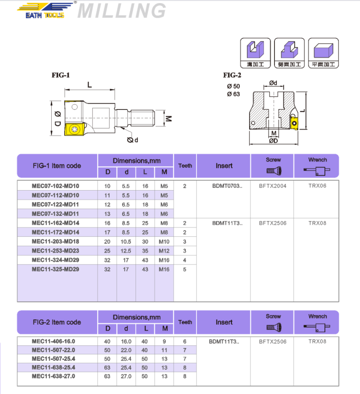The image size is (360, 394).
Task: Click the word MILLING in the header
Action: [122, 11]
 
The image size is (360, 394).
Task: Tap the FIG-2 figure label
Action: [232, 75]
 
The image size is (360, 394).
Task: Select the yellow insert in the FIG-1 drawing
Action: [72, 130]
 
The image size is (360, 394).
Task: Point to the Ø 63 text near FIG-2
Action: [233, 93]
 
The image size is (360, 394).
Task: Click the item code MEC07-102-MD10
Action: [55, 186]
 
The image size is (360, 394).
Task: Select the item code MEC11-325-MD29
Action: [55, 270]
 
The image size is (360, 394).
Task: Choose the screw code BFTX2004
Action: [273, 186]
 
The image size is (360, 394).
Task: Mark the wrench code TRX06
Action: [317, 186]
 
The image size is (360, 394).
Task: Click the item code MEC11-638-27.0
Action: [53, 376]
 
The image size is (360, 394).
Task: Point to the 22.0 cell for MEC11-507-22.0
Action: [127, 350]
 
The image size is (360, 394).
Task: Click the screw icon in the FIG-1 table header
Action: [273, 170]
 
